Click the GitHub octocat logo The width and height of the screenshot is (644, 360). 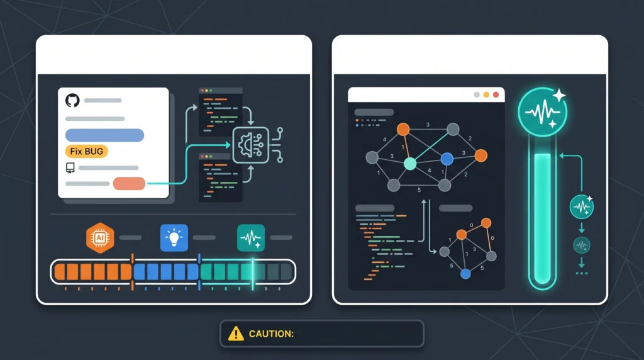coord(72,100)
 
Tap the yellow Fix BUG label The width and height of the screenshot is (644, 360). coord(87,151)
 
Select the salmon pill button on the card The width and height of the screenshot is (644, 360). coord(129,183)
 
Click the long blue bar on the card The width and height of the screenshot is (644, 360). coord(105,135)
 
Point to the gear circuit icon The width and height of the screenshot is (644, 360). coord(251,145)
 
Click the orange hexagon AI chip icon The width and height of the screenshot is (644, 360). coord(100,237)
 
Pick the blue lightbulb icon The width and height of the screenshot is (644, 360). coord(174,237)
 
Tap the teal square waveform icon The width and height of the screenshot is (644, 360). coord(251,237)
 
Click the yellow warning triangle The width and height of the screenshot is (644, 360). coord(236,334)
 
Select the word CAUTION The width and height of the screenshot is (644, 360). coord(272,334)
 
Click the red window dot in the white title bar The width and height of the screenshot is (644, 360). coord(496,94)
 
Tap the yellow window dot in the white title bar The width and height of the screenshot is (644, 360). coord(486,94)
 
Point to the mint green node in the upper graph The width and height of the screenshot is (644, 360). coord(410,164)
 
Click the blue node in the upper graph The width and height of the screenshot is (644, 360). coord(447,159)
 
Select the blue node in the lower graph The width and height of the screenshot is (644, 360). coord(465,273)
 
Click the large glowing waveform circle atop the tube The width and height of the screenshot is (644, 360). coord(543,112)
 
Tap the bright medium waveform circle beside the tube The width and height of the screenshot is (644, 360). coord(582,206)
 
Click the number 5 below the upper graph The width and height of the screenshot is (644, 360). coord(419,190)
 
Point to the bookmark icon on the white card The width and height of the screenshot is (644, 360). coord(70,167)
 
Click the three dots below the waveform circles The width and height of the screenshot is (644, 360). coord(582,273)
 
